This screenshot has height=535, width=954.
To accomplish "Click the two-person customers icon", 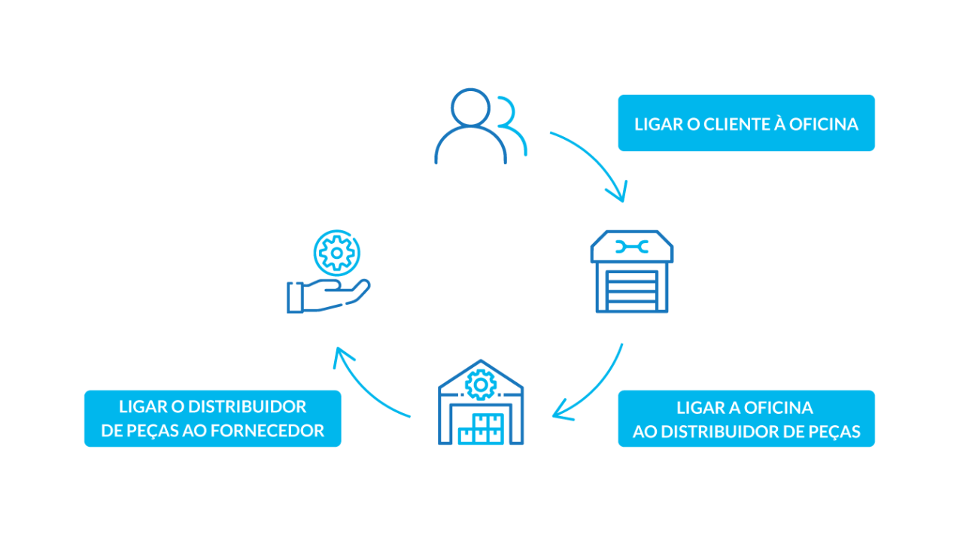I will pyautogui.click(x=480, y=126).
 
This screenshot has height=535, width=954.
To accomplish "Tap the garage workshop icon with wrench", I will pyautogui.click(x=631, y=272).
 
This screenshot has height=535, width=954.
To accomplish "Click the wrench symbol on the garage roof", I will pyautogui.click(x=631, y=247).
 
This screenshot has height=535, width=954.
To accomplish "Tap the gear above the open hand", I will pyautogui.click(x=336, y=253).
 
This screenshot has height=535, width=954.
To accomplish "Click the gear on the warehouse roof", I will pyautogui.click(x=479, y=385).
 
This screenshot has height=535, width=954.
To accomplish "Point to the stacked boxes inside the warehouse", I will pyautogui.click(x=481, y=430).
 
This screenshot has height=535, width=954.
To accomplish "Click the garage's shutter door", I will pyautogui.click(x=631, y=290).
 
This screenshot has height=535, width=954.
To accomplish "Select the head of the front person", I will pyautogui.click(x=470, y=108).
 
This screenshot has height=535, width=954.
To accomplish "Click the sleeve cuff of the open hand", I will pyautogui.click(x=294, y=297).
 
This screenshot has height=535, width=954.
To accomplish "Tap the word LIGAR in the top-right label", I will pyautogui.click(x=658, y=124).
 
